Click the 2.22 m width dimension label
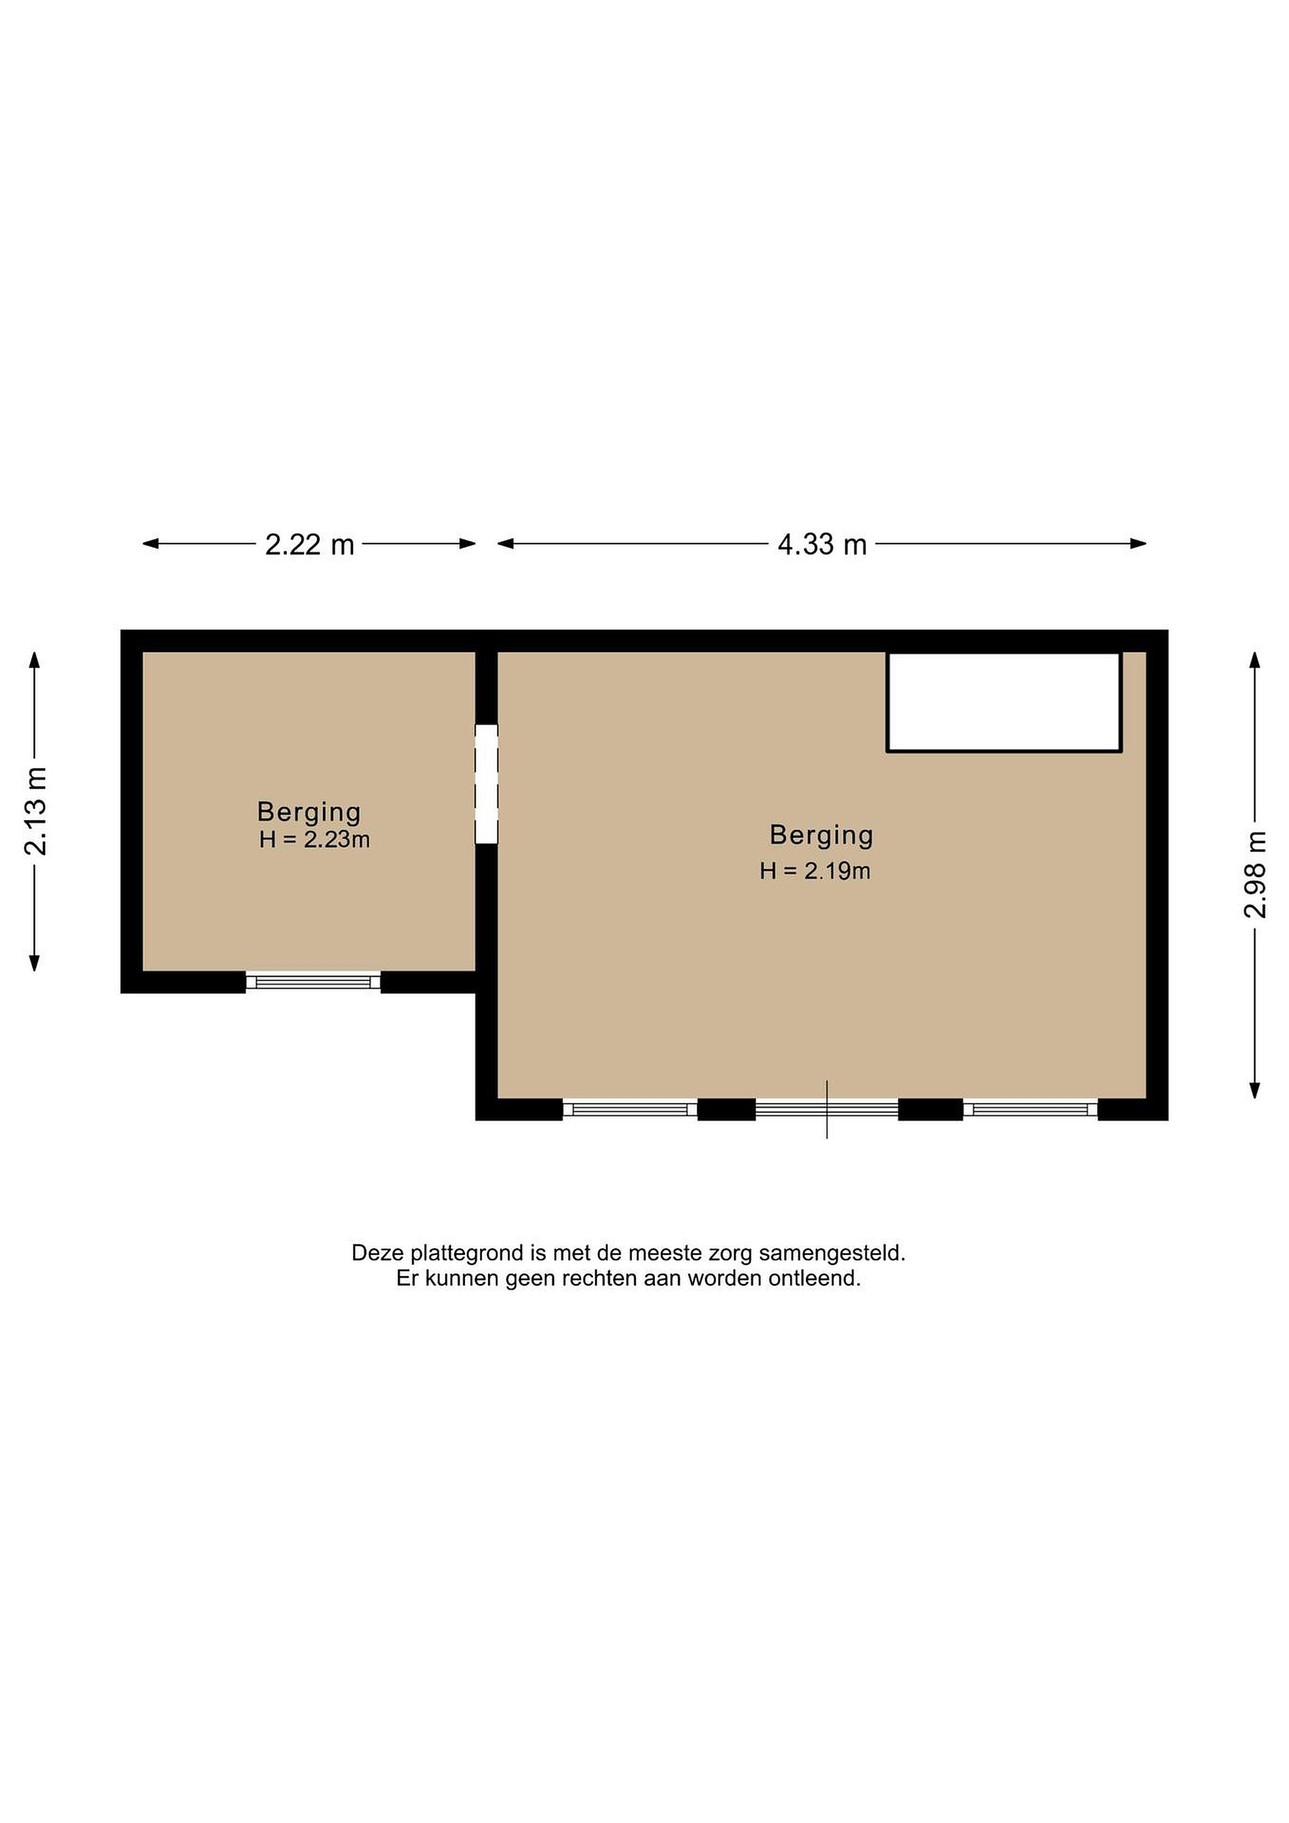(x=309, y=544)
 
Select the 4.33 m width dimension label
(x=821, y=544)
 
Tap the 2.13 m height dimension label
(x=35, y=811)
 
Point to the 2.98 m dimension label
(x=1255, y=874)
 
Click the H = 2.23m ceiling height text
(x=314, y=839)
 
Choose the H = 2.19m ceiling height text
(x=815, y=871)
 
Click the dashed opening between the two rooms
(x=487, y=784)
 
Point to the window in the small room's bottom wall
(x=313, y=982)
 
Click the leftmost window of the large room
(x=630, y=1109)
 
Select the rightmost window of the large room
(x=1030, y=1109)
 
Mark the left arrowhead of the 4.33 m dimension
(x=506, y=544)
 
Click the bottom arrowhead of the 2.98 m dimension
(x=1255, y=1090)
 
